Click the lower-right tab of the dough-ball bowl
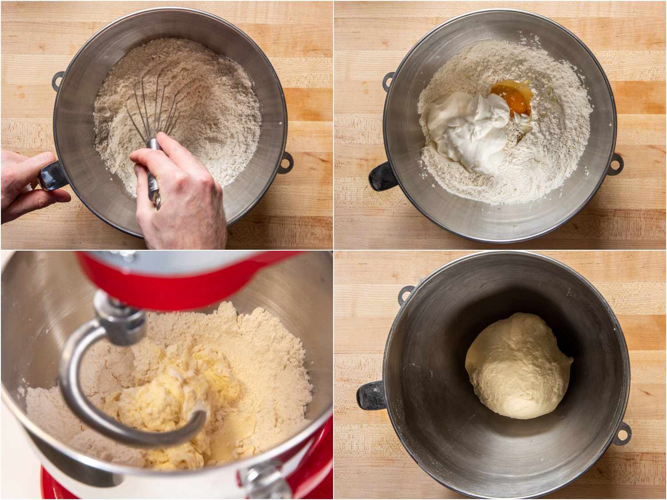623,432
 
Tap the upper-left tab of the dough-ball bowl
406,293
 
